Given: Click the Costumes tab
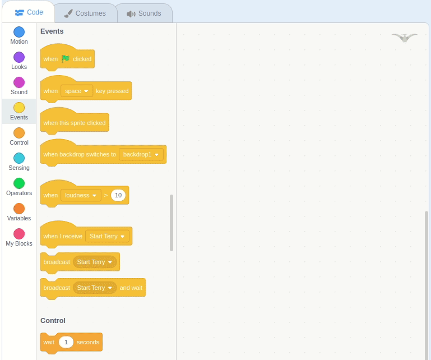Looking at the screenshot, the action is [x=86, y=13].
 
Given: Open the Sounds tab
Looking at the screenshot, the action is [x=145, y=13].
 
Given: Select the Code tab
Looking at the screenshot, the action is [x=29, y=12].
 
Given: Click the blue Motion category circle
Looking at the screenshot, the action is [x=19, y=32].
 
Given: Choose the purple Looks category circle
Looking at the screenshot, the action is [x=19, y=57].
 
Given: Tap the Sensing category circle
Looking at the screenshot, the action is [x=19, y=158].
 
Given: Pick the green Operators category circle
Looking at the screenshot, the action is [x=19, y=183].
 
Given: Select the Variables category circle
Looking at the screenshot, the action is [x=19, y=209].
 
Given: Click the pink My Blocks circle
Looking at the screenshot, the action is [x=19, y=234].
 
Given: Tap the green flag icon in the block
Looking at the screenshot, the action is [x=66, y=58].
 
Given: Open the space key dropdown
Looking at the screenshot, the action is [x=77, y=91].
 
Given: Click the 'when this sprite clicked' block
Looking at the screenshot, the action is [x=75, y=123].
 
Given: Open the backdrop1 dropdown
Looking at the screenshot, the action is [x=141, y=155].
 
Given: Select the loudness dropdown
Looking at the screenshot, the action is [x=81, y=195].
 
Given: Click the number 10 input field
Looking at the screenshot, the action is [x=118, y=195].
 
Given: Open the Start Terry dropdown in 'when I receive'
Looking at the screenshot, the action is [x=107, y=236].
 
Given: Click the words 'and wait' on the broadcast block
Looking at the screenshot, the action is [x=131, y=288].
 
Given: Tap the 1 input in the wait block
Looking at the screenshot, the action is [x=66, y=342].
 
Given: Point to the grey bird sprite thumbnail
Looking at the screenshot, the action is [x=405, y=38].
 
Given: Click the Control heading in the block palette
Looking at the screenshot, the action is [x=53, y=321].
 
